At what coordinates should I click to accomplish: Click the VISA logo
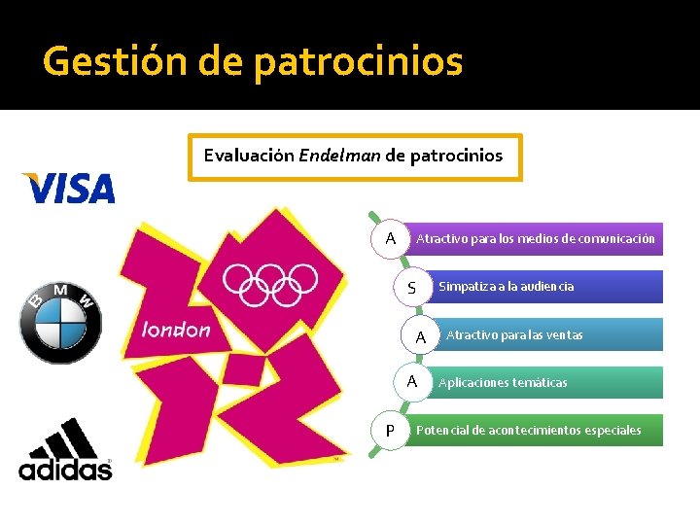point(68,188)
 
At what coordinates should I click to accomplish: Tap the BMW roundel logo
point(60,324)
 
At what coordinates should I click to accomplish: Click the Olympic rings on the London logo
point(269,282)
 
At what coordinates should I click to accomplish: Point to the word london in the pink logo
point(176,330)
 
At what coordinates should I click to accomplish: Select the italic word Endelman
point(340,156)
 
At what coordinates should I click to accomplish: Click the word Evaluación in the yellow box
point(248,156)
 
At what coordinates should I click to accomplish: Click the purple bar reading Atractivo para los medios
point(535,238)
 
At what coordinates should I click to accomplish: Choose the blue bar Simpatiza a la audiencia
point(544,286)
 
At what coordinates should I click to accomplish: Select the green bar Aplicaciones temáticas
point(544,382)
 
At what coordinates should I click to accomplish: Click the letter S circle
point(412,288)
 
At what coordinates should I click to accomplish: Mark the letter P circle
point(390,431)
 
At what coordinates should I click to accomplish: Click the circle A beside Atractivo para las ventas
point(420,336)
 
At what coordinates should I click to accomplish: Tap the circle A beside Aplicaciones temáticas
point(412,382)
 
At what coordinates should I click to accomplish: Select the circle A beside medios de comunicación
point(390,238)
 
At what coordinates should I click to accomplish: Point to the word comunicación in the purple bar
point(616,238)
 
